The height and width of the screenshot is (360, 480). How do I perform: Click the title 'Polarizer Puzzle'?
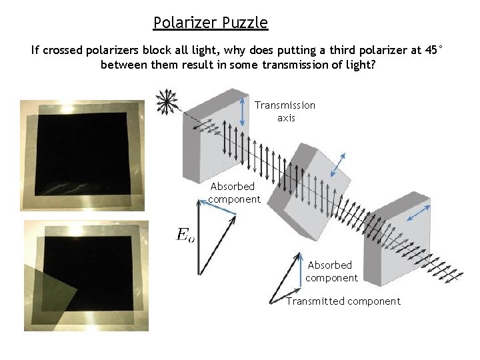(x=210, y=23)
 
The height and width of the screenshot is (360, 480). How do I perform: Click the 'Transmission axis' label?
(x=285, y=111)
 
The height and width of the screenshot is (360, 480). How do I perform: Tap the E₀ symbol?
(x=185, y=234)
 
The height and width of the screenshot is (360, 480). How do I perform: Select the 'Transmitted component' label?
(x=343, y=301)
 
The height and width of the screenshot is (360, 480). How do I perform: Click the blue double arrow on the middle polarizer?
(x=339, y=163)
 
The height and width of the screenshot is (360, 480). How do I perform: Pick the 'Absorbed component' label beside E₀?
(x=233, y=193)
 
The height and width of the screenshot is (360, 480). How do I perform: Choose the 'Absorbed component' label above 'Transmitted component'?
(x=331, y=271)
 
